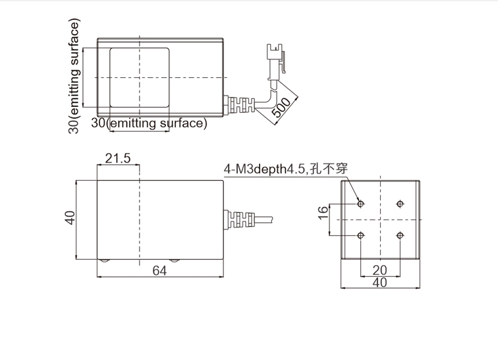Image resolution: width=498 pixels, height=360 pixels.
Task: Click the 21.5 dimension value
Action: [117, 158]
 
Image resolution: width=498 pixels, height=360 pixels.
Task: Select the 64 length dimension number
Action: [159, 270]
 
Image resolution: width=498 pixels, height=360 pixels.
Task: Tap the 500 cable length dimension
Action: [281, 107]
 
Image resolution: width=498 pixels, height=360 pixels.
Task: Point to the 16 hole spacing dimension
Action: [323, 212]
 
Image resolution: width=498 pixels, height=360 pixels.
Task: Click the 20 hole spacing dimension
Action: [380, 270]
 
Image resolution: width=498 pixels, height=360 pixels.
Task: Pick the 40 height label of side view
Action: [70, 218]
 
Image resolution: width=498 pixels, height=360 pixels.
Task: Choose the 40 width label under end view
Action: [380, 282]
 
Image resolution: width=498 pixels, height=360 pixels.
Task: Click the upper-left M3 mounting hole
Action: [360, 204]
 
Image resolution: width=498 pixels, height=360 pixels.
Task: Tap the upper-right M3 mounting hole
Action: [401, 204]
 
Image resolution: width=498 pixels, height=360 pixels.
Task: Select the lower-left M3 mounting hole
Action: [360, 235]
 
